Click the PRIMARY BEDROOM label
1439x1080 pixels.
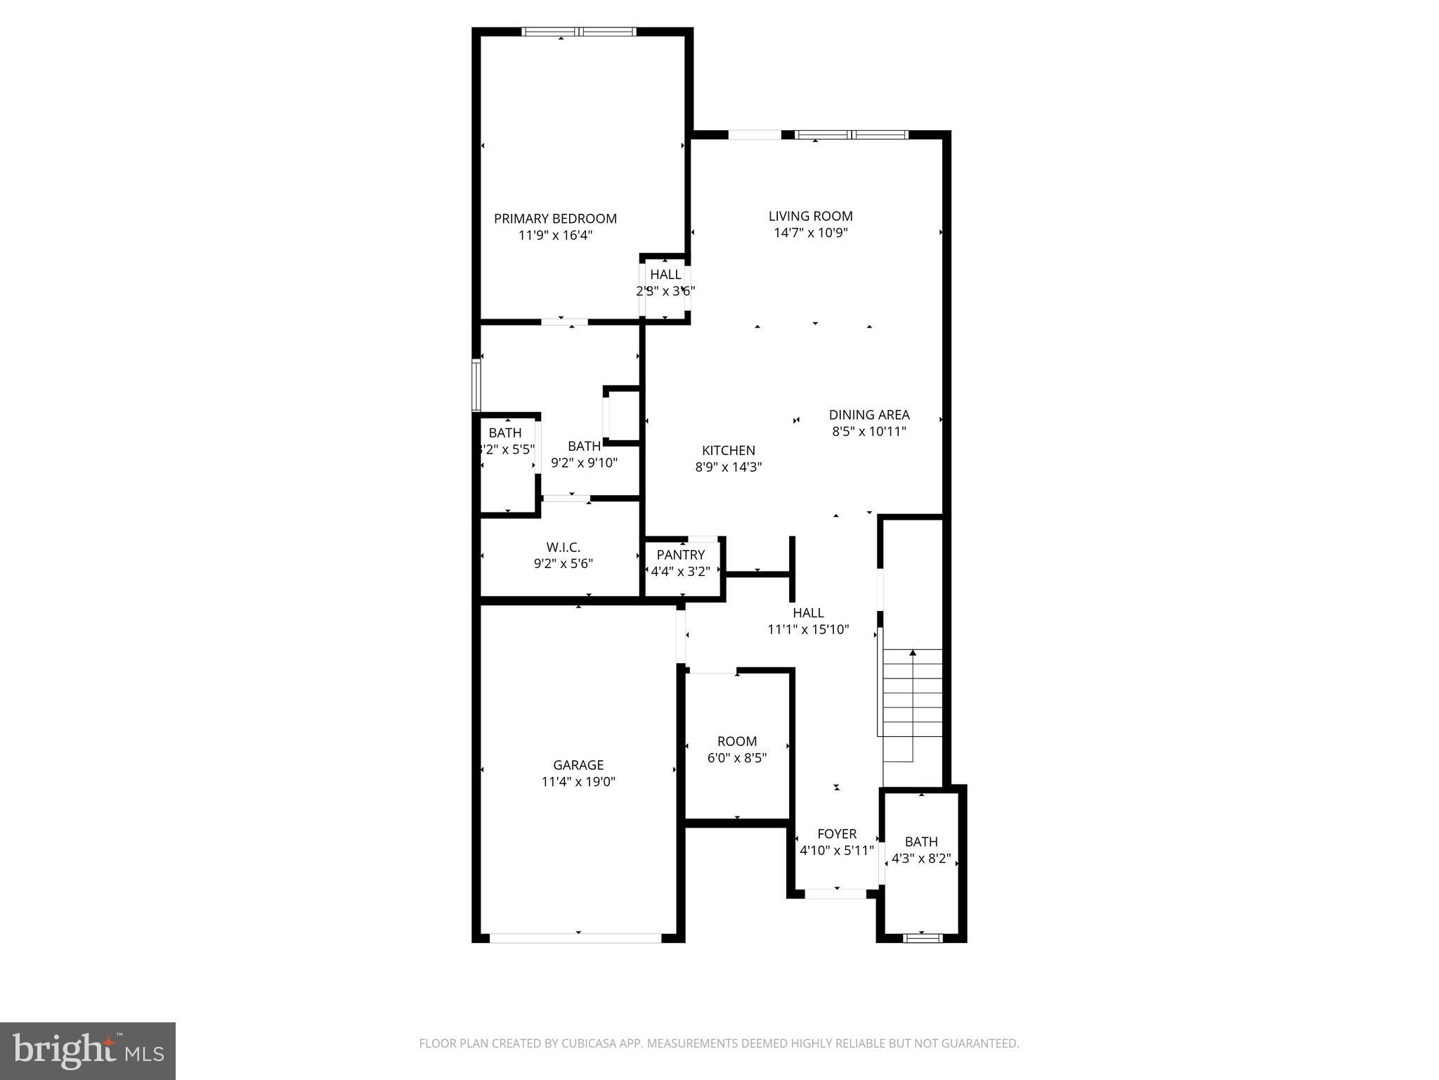pos(555,219)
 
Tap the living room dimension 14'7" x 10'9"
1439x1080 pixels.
pos(811,233)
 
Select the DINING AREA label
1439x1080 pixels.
pos(869,415)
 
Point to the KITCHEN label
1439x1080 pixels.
pos(729,451)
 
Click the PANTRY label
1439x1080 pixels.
pos(680,555)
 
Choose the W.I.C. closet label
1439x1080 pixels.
pos(563,547)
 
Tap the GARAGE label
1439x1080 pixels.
pos(578,765)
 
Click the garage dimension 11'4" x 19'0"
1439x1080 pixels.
pos(578,782)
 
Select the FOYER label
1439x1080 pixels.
pos(837,834)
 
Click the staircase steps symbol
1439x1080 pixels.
pos(912,703)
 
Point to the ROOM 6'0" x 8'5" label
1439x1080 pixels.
pos(737,741)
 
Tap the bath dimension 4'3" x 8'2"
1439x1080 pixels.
pos(921,859)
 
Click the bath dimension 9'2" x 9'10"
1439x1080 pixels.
pos(584,463)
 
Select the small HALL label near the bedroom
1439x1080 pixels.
pos(665,274)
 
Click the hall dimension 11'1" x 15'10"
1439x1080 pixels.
pos(808,630)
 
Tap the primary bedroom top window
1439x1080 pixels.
pos(579,32)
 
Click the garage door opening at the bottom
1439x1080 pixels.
pos(576,937)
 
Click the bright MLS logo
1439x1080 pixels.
pos(88,1050)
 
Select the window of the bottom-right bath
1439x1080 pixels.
pos(922,937)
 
